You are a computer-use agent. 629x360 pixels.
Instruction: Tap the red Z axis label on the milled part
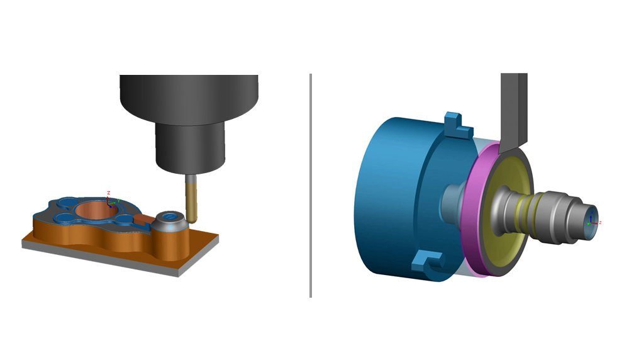tap(109, 193)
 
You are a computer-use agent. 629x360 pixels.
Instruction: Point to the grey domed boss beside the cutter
tap(169, 220)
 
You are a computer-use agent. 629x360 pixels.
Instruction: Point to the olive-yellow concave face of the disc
tap(503, 239)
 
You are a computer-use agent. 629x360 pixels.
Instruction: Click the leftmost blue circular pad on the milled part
tap(64, 218)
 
